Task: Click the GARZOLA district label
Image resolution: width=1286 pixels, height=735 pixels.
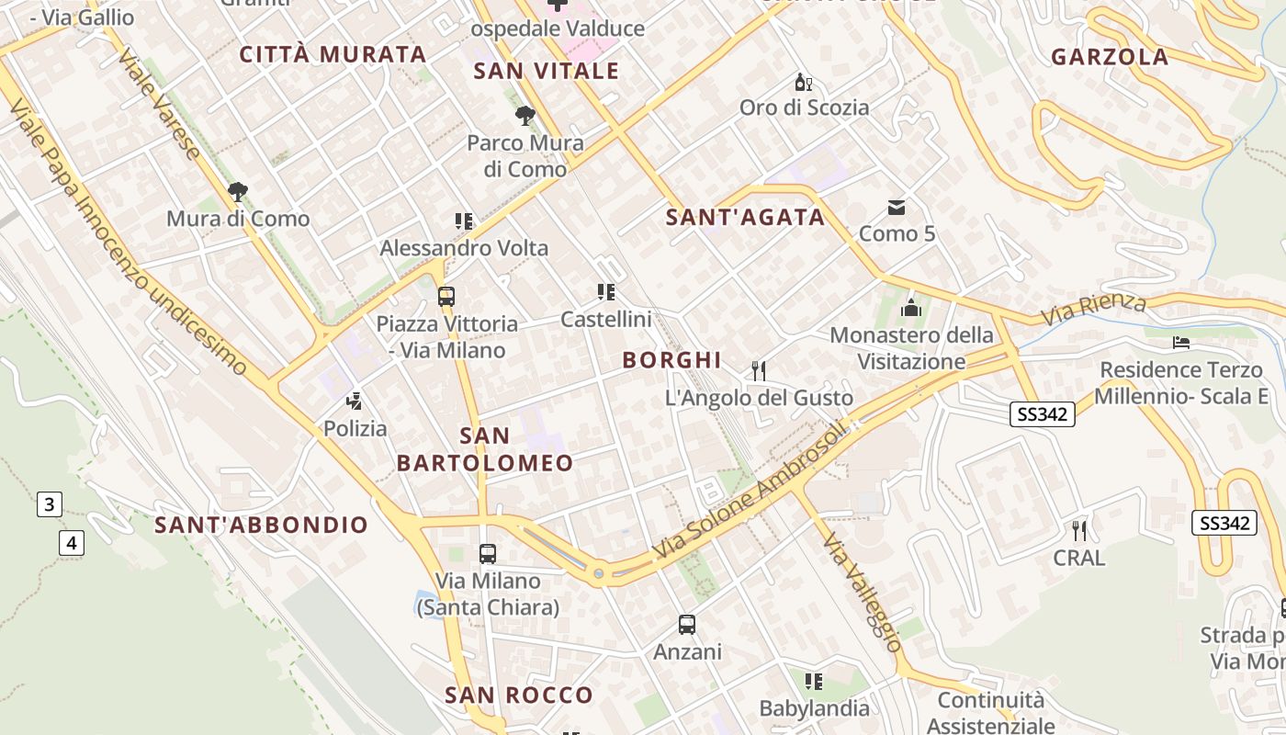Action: (x=1110, y=57)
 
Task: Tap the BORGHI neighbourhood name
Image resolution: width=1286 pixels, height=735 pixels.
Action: (x=672, y=360)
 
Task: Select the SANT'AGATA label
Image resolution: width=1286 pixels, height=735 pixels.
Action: (x=745, y=218)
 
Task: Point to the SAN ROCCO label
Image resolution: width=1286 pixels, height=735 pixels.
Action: (x=519, y=695)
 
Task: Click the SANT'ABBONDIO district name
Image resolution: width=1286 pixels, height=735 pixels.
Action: (x=261, y=526)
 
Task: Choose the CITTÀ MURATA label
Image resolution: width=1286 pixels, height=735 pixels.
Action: (x=333, y=54)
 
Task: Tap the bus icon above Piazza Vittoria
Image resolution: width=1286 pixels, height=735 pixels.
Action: (x=446, y=297)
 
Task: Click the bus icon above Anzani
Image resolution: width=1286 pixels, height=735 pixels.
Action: (x=687, y=625)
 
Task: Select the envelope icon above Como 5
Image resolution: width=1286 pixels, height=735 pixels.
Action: (x=897, y=207)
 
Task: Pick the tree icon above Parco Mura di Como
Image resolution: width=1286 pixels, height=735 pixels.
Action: (x=525, y=116)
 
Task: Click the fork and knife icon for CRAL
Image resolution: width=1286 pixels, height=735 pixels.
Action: (x=1079, y=530)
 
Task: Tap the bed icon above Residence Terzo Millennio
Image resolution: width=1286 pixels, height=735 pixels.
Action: (x=1181, y=343)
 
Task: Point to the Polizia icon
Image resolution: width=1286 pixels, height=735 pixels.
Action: (x=355, y=401)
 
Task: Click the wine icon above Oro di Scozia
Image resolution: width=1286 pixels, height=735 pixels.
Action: (x=804, y=82)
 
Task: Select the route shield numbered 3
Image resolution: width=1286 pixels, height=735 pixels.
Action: (x=50, y=503)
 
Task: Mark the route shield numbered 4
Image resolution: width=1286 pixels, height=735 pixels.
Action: (x=72, y=543)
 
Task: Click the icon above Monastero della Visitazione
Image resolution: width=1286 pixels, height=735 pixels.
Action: (x=911, y=308)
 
